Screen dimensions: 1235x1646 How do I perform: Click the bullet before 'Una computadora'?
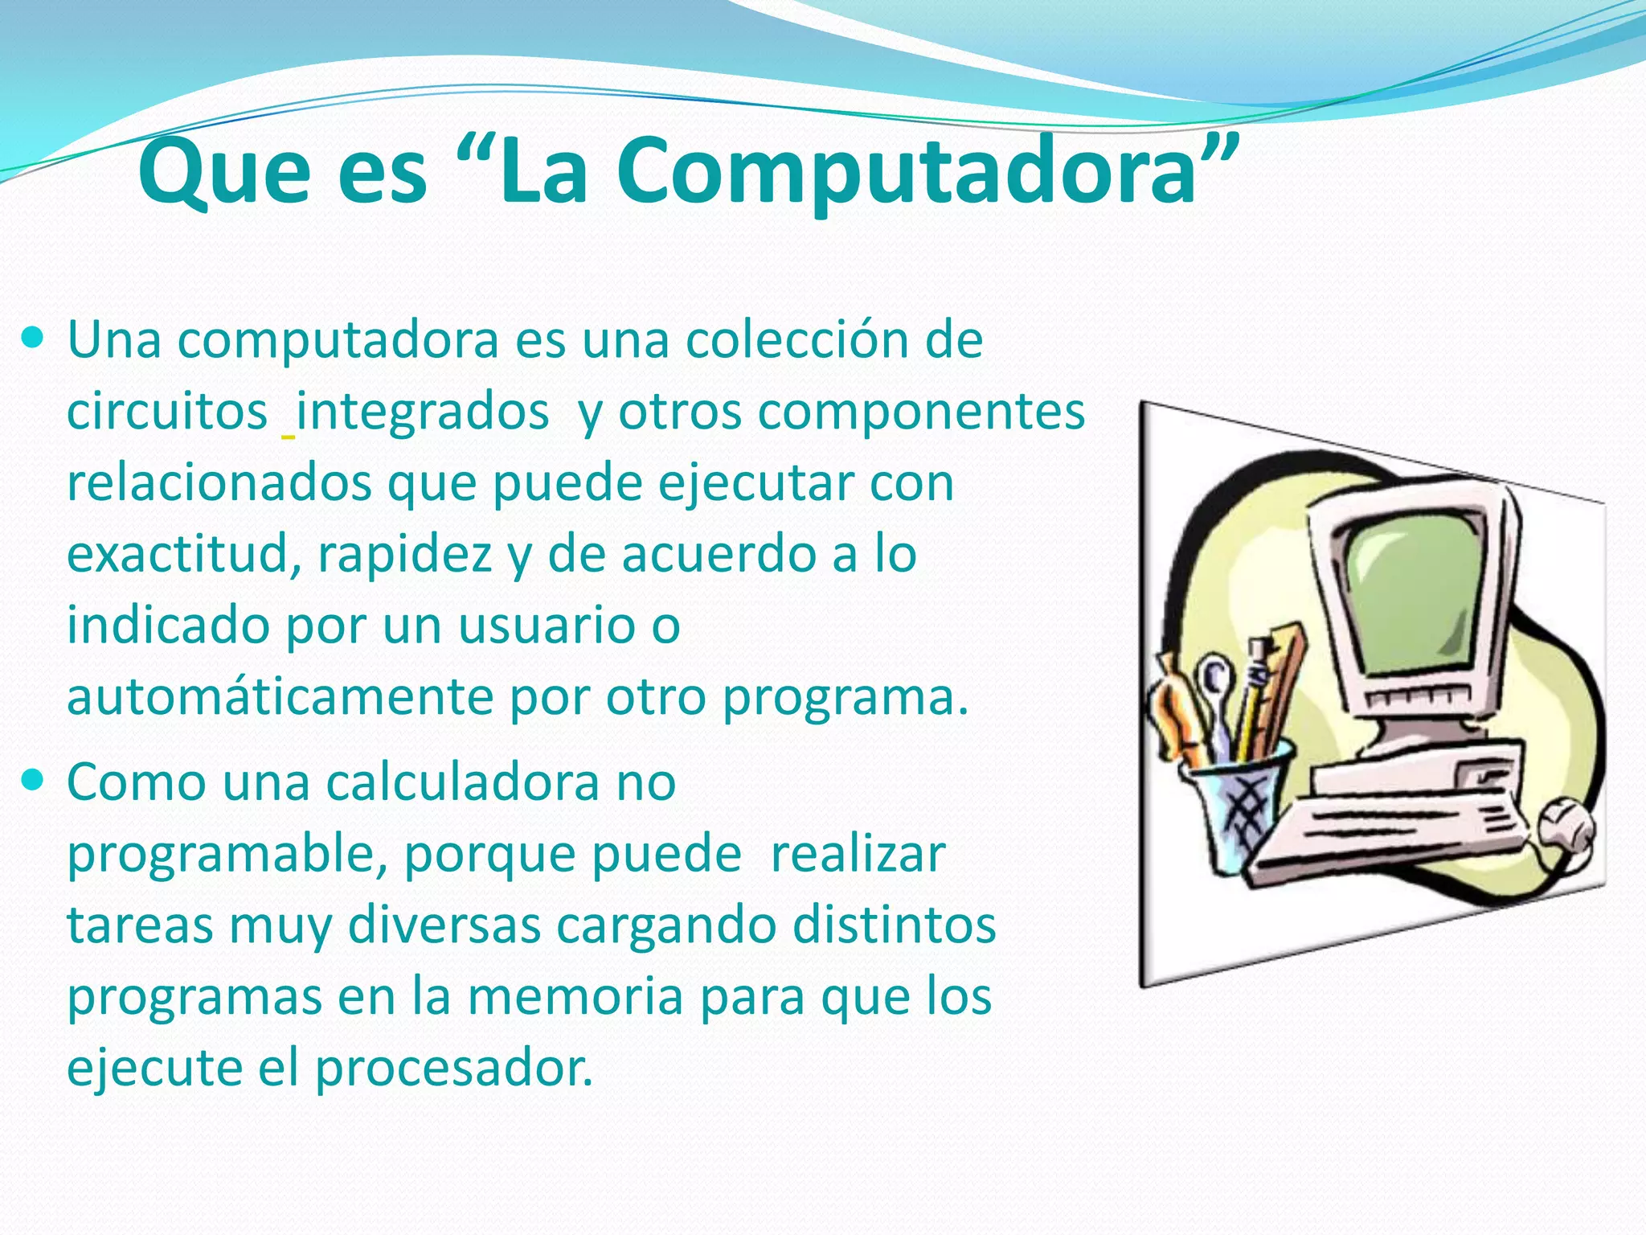point(33,338)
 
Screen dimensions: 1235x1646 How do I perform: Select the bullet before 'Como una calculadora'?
point(33,779)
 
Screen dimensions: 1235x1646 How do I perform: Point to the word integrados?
point(423,412)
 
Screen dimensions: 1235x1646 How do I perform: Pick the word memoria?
point(575,996)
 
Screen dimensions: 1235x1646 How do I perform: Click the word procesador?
point(454,1069)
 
